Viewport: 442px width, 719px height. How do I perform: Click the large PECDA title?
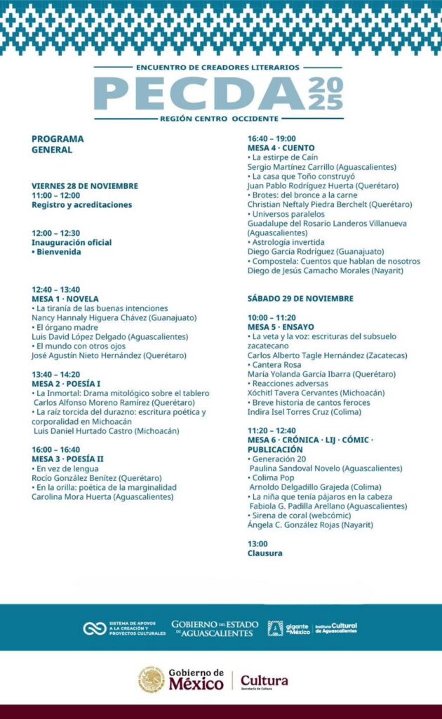click(x=196, y=93)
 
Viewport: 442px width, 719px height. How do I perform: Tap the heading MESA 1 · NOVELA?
click(x=65, y=298)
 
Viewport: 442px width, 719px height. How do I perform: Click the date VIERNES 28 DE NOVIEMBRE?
click(x=84, y=186)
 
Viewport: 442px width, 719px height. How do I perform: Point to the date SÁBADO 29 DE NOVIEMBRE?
click(x=300, y=298)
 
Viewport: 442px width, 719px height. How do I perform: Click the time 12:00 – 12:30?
click(x=55, y=233)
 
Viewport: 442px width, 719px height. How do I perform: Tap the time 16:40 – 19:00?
click(x=272, y=139)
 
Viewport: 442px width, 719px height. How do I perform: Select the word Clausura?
click(x=264, y=553)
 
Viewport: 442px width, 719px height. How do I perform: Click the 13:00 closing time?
click(x=257, y=544)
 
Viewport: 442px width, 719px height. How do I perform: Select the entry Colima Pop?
click(x=275, y=478)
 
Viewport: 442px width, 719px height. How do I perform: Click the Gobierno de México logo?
click(x=181, y=680)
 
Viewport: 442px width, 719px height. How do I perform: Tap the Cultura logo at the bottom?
click(x=264, y=681)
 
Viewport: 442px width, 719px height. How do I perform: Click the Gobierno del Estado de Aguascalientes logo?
click(x=215, y=628)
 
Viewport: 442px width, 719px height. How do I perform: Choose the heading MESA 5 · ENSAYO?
click(x=281, y=326)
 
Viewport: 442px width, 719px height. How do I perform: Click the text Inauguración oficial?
click(x=72, y=242)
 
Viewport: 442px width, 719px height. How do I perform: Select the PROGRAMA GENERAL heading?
click(x=58, y=144)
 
